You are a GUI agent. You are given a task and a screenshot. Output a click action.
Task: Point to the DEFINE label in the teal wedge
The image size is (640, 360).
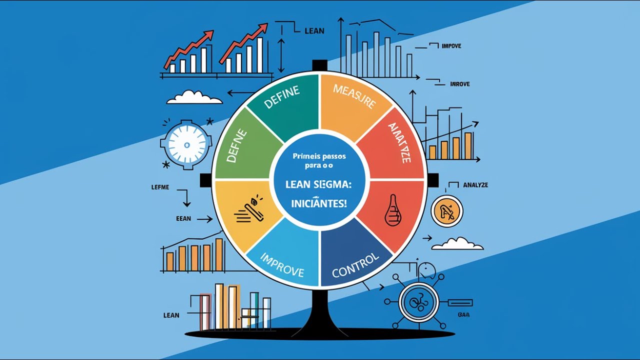pos(282,97)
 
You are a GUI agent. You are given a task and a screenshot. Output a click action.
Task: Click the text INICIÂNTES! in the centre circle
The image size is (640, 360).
pos(319,204)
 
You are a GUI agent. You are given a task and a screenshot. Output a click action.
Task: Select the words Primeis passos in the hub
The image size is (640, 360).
pos(319,156)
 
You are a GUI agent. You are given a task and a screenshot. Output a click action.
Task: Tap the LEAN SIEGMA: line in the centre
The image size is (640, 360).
pos(319,184)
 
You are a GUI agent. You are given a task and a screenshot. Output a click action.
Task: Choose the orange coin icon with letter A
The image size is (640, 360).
pos(446,212)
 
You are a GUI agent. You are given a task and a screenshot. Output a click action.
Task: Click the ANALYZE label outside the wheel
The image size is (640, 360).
pos(475,185)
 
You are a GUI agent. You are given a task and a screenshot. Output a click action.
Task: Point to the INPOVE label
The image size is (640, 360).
pos(451,46)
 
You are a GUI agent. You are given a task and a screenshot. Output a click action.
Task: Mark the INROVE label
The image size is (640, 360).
pos(459,84)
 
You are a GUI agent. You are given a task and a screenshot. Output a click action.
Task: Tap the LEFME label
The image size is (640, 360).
pos(160,187)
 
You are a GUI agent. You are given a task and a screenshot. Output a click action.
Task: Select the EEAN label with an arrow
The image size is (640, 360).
pos(183,218)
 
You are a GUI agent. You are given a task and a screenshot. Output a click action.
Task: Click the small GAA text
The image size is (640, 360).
pos(463,315)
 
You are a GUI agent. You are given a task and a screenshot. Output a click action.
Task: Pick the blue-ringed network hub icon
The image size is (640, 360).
pos(418,301)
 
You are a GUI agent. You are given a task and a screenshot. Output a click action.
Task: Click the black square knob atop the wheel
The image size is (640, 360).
pos(319,65)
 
